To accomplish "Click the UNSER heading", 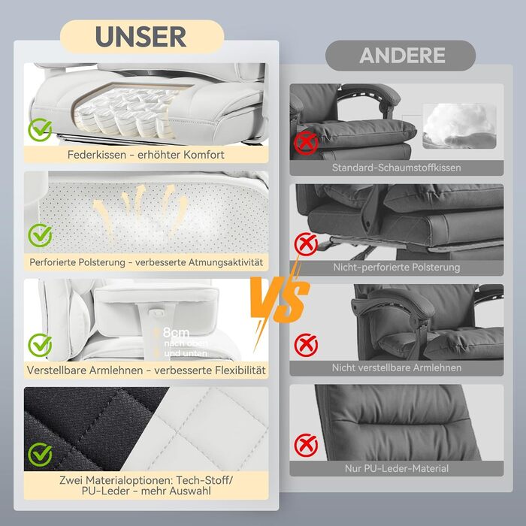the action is (141, 37).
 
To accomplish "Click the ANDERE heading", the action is (402, 56).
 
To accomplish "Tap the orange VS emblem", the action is (280, 301).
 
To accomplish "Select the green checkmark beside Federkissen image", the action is (41, 129).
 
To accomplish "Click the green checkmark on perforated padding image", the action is (41, 235).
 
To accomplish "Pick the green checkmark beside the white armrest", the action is (41, 345).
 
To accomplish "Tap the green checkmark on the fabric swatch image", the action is (41, 454).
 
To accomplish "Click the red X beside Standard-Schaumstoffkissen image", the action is (306, 144).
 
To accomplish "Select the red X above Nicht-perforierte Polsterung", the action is (306, 244).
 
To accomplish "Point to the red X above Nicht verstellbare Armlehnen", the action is (306, 345).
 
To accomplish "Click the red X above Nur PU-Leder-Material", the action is (306, 445).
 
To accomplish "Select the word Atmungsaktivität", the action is (225, 262).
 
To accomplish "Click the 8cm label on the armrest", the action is (176, 333).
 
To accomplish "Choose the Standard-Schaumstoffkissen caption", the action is (397, 168).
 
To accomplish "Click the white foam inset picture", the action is (459, 126).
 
